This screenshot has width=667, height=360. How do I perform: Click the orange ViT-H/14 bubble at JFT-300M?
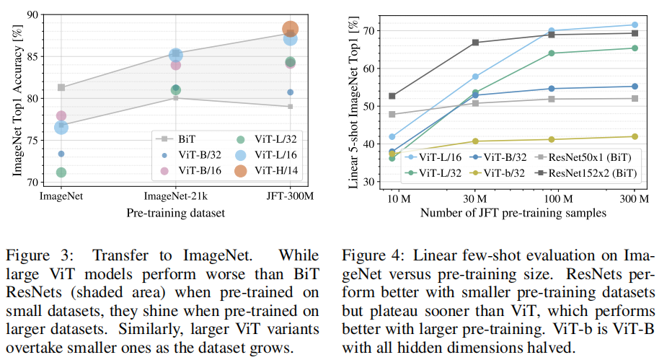(x=290, y=30)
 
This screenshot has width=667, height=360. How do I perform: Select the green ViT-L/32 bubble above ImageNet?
(x=61, y=172)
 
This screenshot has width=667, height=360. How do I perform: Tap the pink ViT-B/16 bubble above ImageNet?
(x=61, y=115)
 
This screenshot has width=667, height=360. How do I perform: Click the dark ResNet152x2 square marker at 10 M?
(x=392, y=96)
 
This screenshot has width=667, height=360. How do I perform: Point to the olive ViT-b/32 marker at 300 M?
(x=635, y=136)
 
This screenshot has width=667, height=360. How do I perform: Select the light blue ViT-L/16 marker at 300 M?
(x=635, y=25)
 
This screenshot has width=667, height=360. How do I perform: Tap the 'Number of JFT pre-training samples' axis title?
(x=513, y=214)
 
